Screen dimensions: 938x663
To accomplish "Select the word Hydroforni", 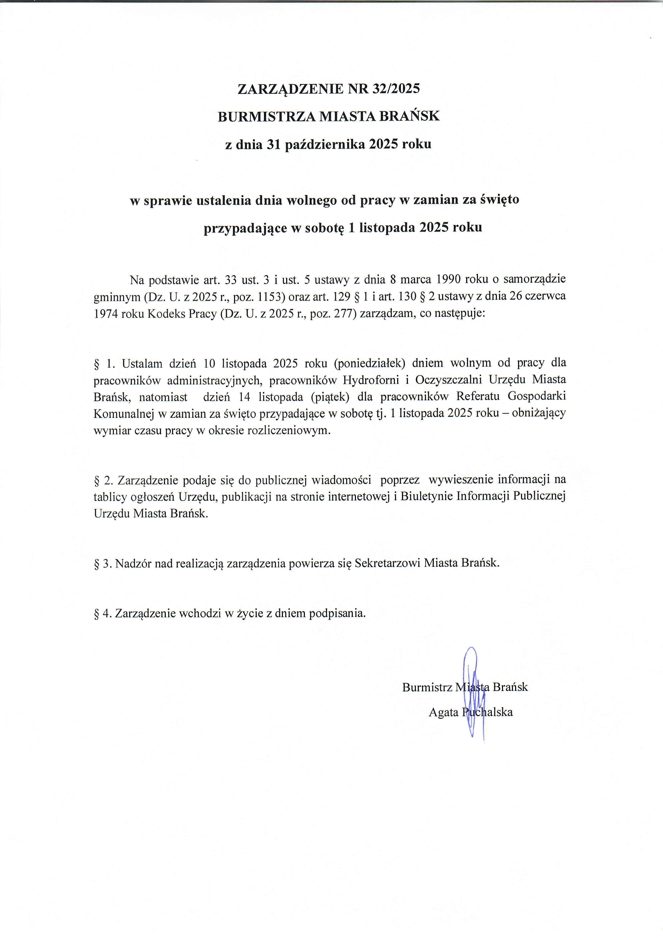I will pos(371,380).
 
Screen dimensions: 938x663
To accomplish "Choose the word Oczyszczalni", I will pos(448,380).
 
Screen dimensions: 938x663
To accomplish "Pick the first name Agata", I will pos(443,712).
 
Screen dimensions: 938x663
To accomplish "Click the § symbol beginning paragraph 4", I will pos(97,613).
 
